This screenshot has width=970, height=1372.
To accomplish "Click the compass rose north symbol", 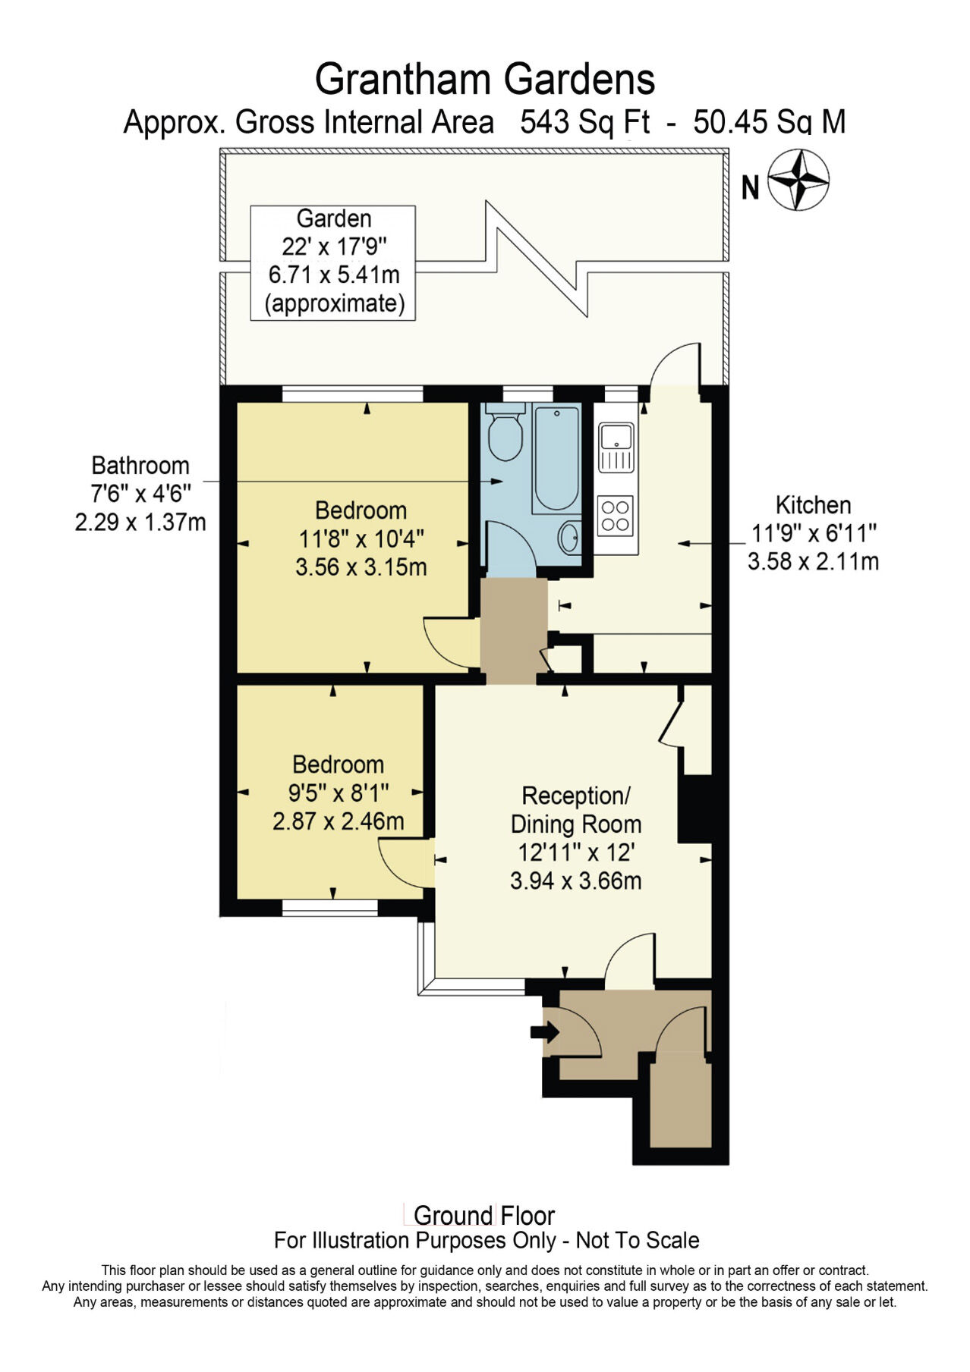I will pyautogui.click(x=798, y=181).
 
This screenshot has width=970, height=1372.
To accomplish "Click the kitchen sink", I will pyautogui.click(x=616, y=447).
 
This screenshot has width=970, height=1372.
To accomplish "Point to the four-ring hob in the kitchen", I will pyautogui.click(x=615, y=514).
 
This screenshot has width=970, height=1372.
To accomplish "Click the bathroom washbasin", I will pyautogui.click(x=570, y=538).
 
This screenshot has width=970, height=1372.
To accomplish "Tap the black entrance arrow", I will pyautogui.click(x=545, y=1032).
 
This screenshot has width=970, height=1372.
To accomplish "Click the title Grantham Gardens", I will pyautogui.click(x=484, y=79).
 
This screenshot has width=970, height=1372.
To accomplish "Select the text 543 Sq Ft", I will pyautogui.click(x=584, y=122).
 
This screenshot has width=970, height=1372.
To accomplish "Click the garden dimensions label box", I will pyautogui.click(x=332, y=262).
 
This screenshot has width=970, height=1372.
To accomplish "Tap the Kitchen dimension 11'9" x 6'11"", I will pyautogui.click(x=813, y=533).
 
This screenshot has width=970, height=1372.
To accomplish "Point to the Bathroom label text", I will pyautogui.click(x=140, y=465).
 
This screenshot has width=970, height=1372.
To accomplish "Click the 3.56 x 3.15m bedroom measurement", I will pyautogui.click(x=361, y=567).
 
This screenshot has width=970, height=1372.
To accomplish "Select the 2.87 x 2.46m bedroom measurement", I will pyautogui.click(x=338, y=821).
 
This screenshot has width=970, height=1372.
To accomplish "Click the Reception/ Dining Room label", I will pyautogui.click(x=575, y=810).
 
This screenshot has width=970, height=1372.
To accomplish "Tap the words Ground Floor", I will pyautogui.click(x=484, y=1216).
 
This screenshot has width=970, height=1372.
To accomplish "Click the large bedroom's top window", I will pyautogui.click(x=352, y=394).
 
